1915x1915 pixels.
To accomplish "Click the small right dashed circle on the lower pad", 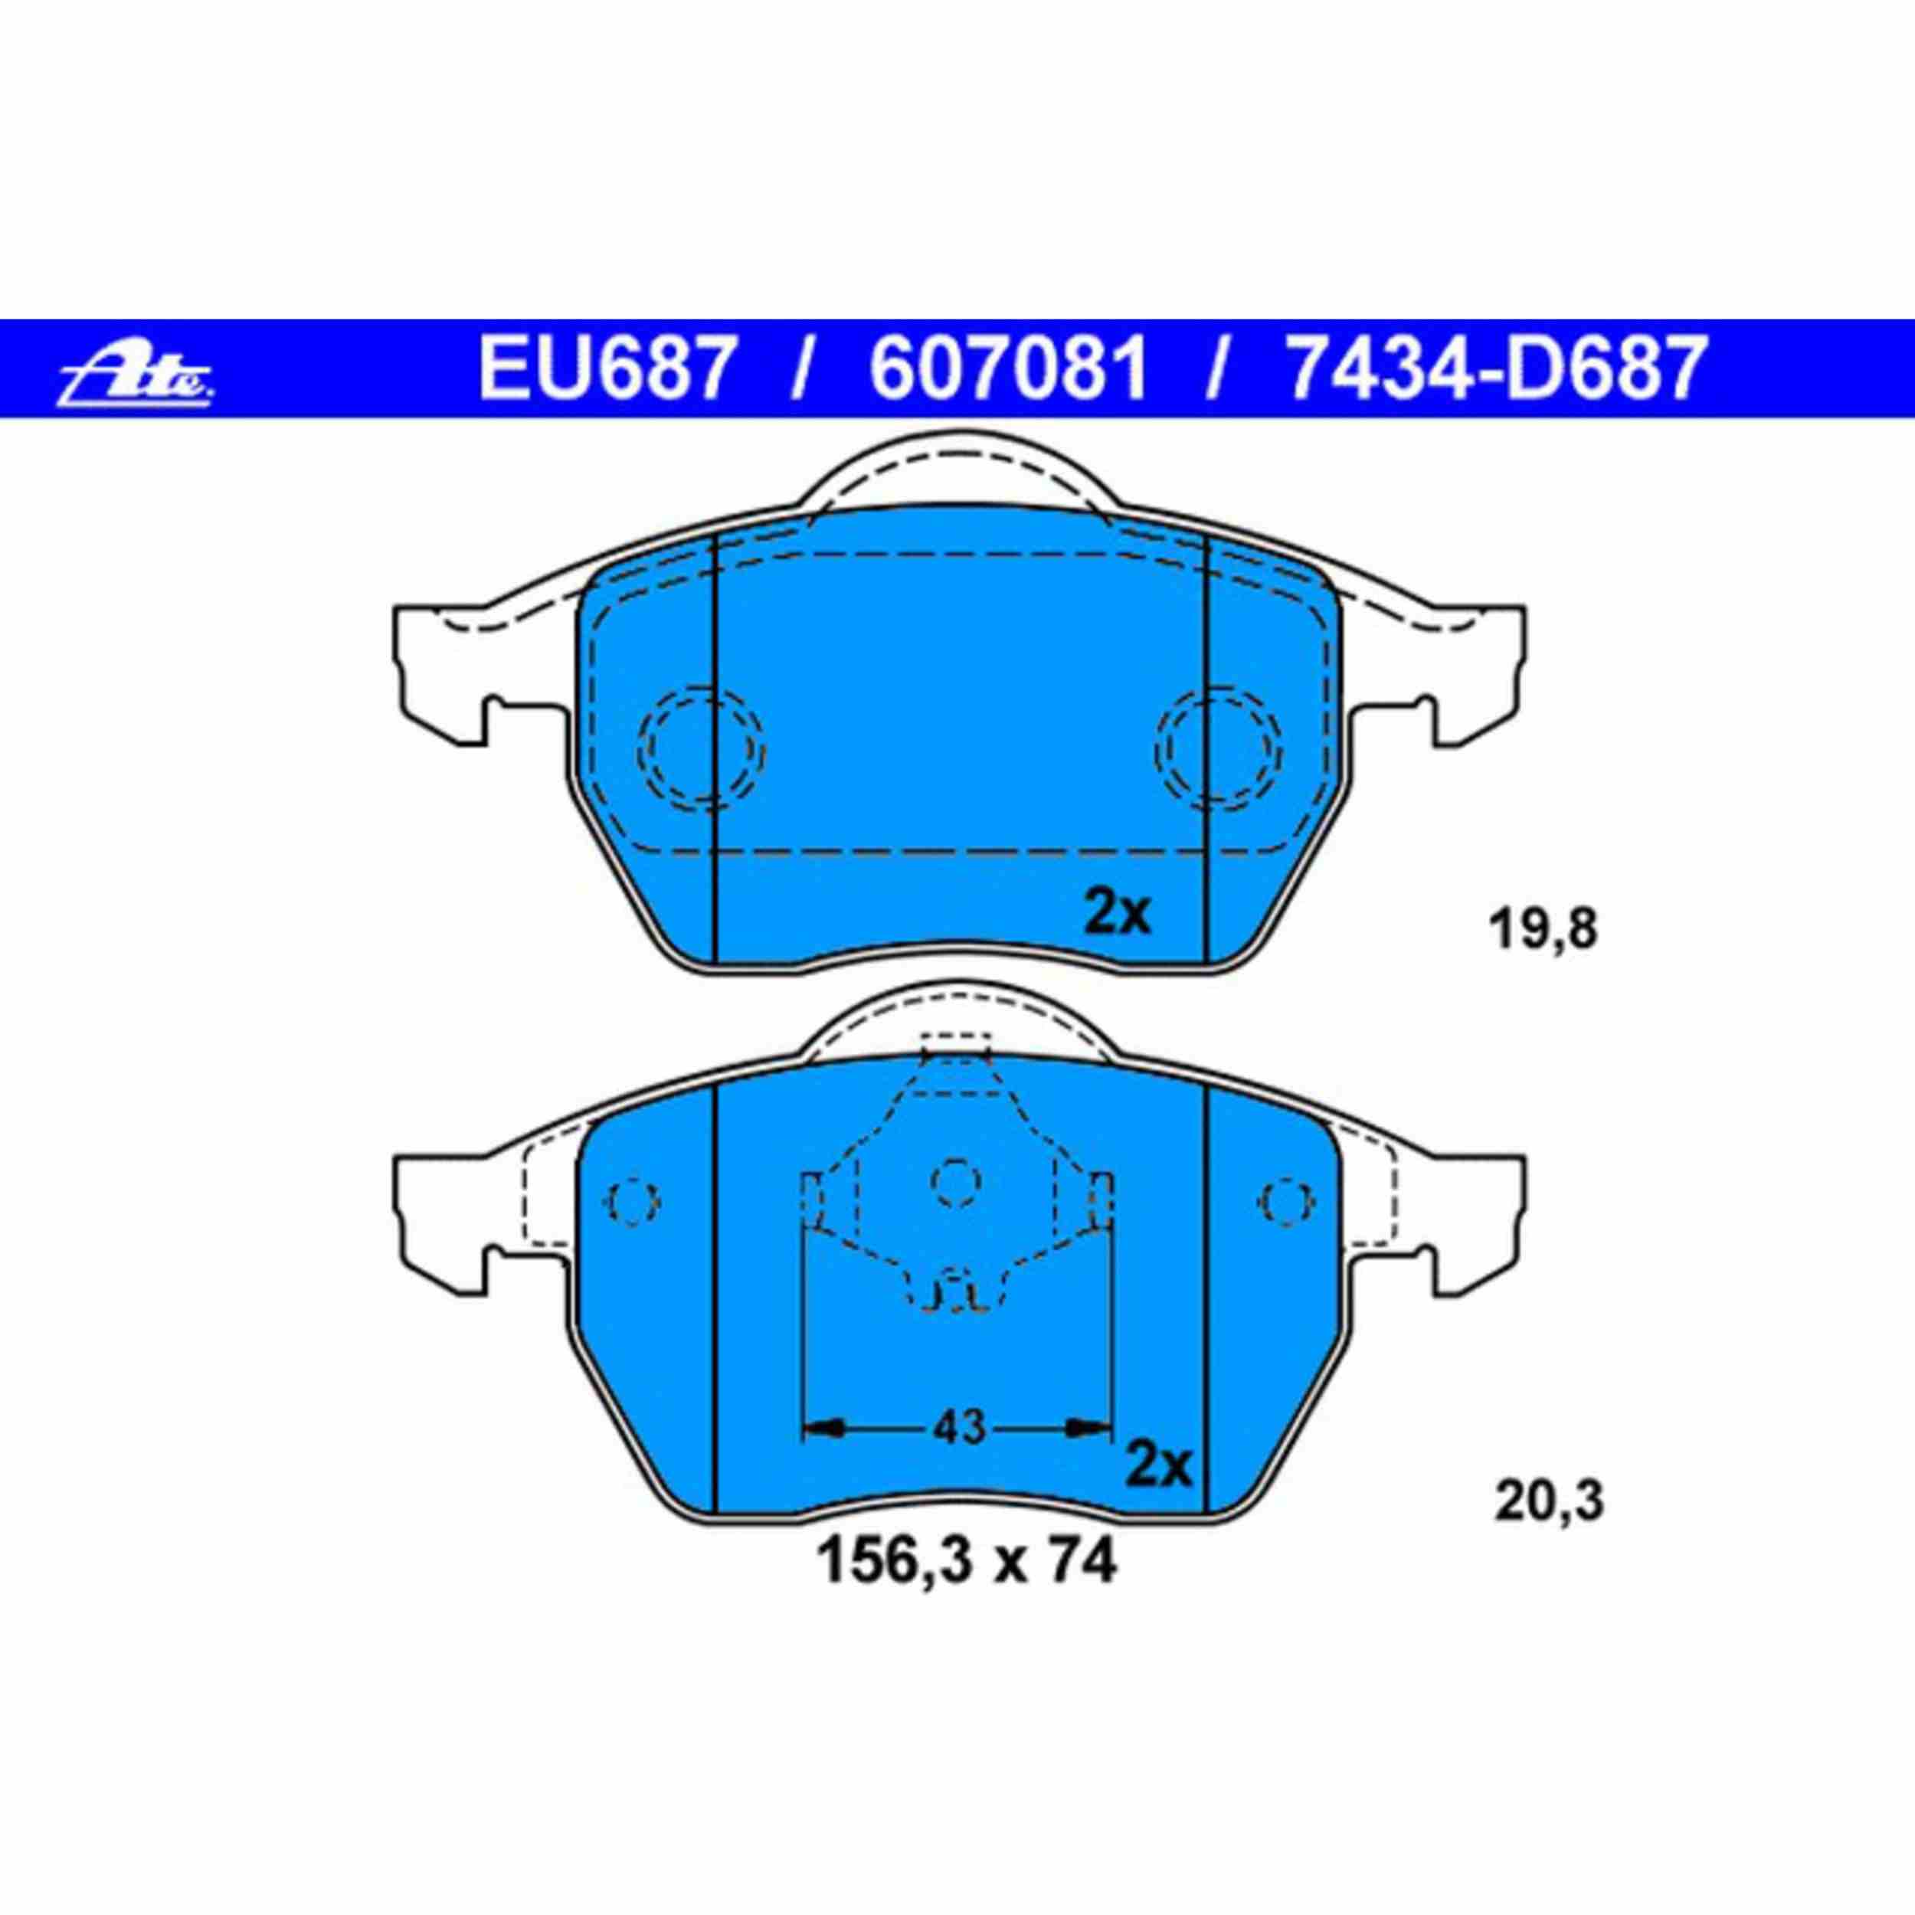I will coord(1287,1200).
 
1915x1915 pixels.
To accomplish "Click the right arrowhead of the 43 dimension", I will coord(1088,1455).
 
